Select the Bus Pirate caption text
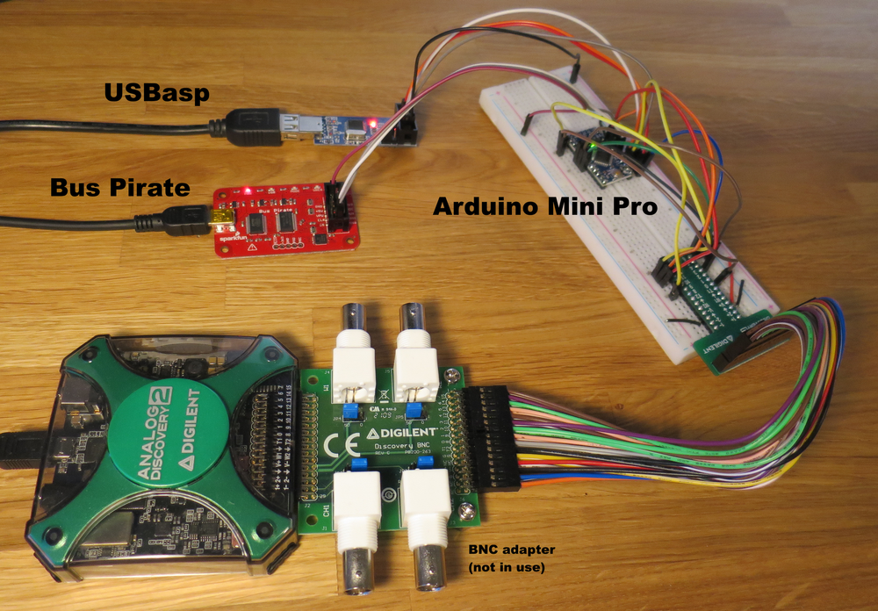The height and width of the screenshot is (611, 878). [x=120, y=187]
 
